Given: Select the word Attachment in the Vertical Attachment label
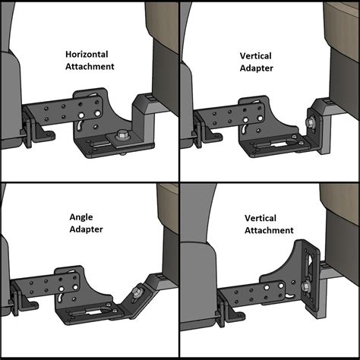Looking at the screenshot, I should click(x=269, y=230).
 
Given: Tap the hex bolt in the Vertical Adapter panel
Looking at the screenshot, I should click(x=311, y=119).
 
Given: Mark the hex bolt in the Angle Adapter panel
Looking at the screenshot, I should click(x=135, y=291).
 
